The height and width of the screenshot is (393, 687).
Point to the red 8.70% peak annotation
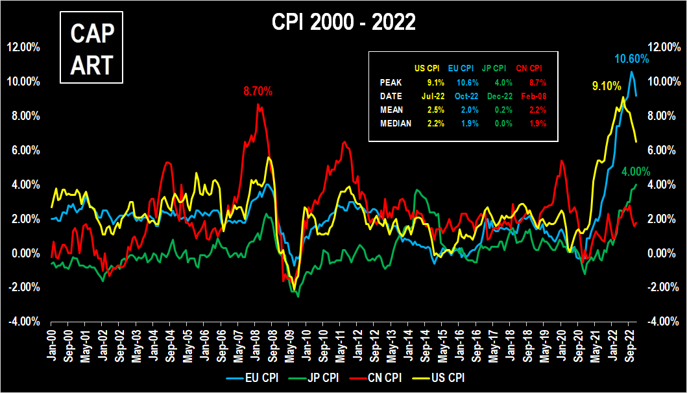tap(258, 91)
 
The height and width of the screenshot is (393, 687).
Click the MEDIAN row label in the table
tap(395, 123)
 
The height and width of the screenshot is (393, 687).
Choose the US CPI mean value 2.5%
tap(435, 110)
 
